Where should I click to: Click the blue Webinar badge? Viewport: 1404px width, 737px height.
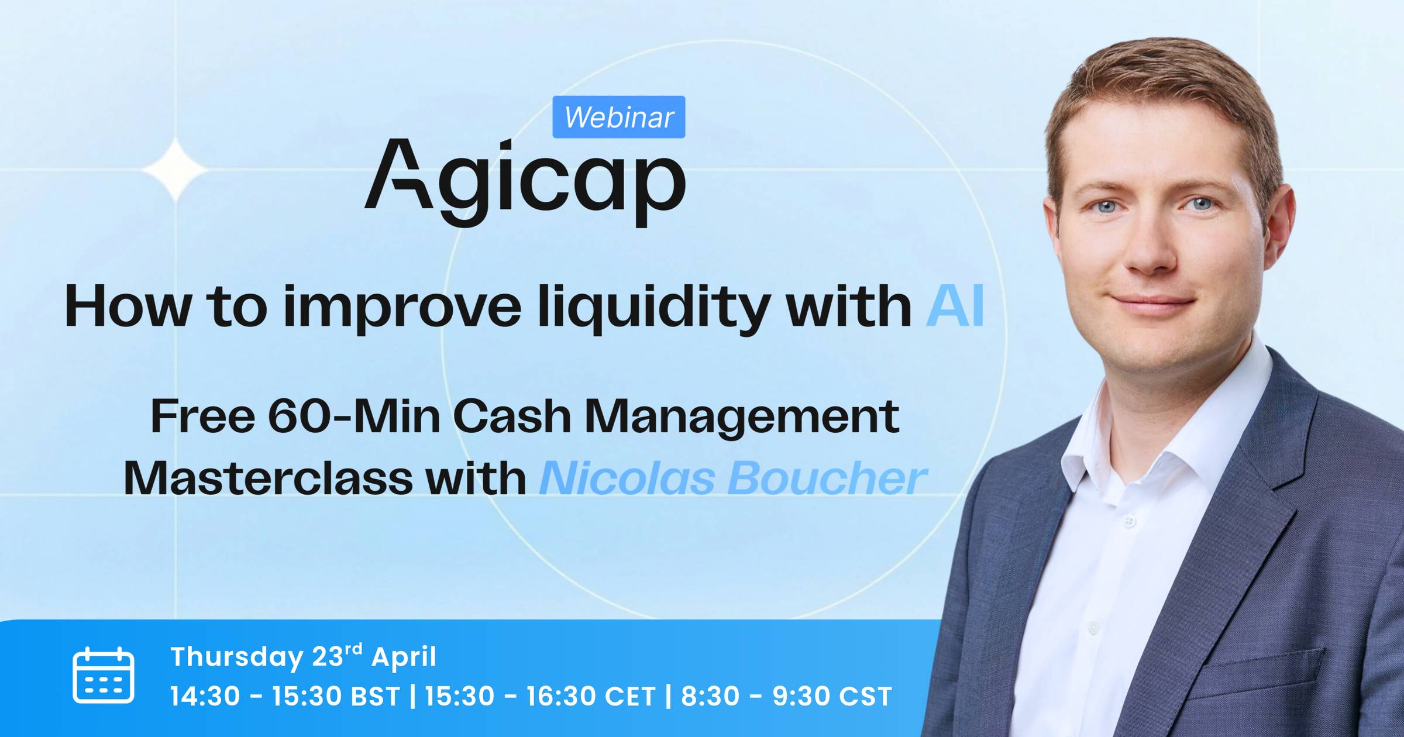coord(619,117)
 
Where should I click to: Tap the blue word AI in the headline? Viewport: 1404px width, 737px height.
coord(955,305)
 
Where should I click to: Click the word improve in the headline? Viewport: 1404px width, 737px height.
coord(402,308)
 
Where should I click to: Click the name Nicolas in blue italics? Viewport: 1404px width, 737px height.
coord(627,478)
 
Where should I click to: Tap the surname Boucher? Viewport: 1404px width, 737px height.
coord(827,478)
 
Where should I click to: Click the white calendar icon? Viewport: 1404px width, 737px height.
coord(104,675)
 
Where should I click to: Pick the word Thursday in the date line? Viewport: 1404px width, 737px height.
coord(236,657)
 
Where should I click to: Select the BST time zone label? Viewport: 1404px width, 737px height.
coord(375,696)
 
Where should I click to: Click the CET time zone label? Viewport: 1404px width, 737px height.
coord(629,696)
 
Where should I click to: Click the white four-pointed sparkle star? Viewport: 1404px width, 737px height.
coord(175,170)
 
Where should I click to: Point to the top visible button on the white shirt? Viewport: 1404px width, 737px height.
coord(1129,520)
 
